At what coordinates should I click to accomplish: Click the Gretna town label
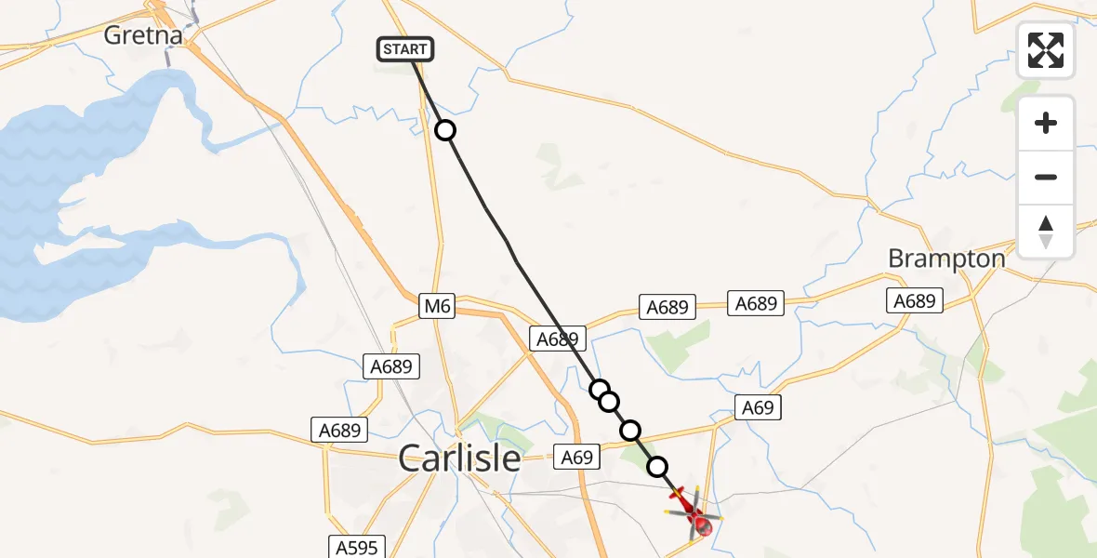tap(144, 35)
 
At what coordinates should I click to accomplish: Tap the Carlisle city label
tap(459, 458)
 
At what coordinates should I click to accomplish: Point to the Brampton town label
tap(946, 259)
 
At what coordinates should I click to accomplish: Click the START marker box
tap(405, 49)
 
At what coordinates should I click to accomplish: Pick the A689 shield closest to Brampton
tap(915, 300)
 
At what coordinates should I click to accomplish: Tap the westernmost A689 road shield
tap(339, 430)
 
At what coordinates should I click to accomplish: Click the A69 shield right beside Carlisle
tap(576, 457)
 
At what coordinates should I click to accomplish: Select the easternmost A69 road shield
tap(757, 406)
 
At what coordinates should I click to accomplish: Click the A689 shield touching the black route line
tap(558, 339)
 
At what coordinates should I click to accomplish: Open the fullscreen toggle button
tap(1046, 50)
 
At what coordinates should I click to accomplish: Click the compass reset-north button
tap(1046, 232)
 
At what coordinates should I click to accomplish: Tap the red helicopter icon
tap(694, 511)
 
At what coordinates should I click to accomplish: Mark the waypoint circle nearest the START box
tap(446, 130)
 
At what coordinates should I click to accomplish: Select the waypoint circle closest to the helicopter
tap(657, 466)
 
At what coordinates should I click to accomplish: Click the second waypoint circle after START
tap(600, 389)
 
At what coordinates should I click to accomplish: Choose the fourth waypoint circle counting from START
tap(630, 430)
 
